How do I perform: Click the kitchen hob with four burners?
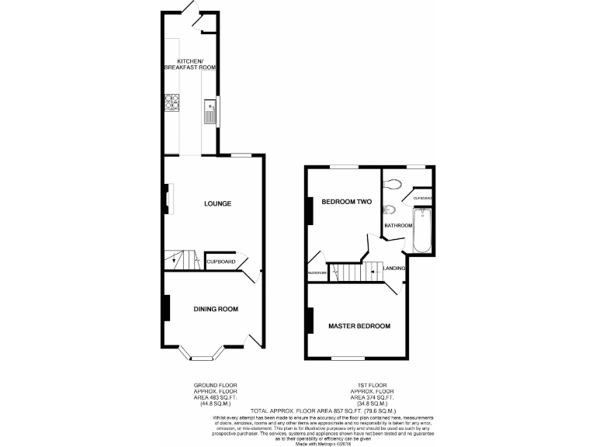pos(172,101)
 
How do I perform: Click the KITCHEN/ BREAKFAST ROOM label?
pos(189,64)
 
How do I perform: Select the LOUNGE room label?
pos(217,204)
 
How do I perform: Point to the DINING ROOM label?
pos(216,309)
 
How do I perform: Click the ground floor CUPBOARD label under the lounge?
pos(221,262)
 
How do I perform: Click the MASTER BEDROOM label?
pos(359,326)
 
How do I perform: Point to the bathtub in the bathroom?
pos(421,230)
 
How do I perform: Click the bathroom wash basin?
pos(390,210)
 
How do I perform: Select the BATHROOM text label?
pos(398,226)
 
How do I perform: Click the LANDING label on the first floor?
pos(395,269)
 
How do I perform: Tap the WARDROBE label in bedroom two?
pos(316,273)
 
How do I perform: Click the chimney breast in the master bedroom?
pos(310,319)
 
